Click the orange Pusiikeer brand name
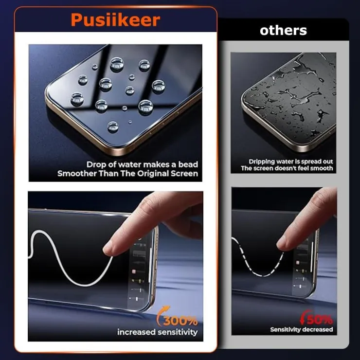(x=115, y=20)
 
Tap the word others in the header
(x=283, y=30)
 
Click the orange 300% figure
(x=180, y=321)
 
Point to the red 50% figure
(x=320, y=319)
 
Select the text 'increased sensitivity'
(x=158, y=332)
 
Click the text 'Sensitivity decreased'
(x=302, y=329)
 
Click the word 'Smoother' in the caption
(x=77, y=173)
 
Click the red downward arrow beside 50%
(x=304, y=317)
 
